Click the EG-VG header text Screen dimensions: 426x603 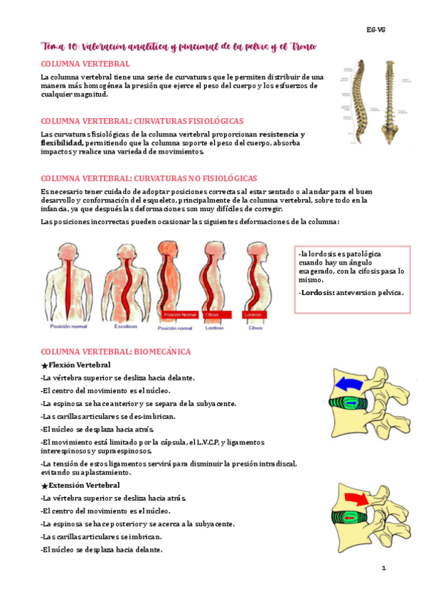376,30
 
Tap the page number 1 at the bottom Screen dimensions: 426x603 383,568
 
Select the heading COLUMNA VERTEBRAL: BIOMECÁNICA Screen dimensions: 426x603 116,352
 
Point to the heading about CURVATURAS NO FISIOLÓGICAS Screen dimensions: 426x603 149,178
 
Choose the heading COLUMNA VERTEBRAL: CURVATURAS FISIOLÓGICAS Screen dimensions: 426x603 142,121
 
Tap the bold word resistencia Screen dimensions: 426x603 279,134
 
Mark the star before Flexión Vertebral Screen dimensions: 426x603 44,365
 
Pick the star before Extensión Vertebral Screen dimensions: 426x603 44,486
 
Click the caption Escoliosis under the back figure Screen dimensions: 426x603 126,327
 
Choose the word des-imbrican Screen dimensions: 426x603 151,416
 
